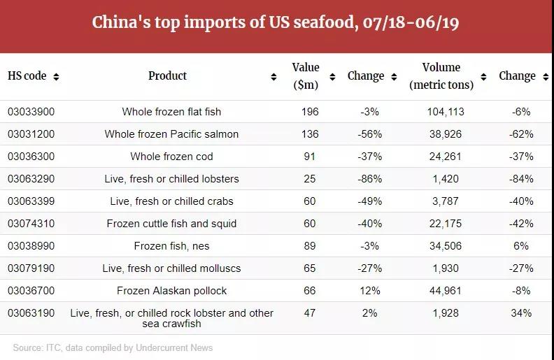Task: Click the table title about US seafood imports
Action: (x=276, y=22)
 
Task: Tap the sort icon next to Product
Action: (x=274, y=77)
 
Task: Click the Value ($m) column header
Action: (x=305, y=76)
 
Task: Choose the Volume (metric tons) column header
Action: (x=441, y=76)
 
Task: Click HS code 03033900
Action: (x=31, y=112)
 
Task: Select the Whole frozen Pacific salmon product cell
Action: (x=171, y=134)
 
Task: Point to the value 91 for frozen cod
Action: (x=310, y=157)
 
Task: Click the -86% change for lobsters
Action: (x=369, y=179)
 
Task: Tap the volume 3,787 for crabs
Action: (x=445, y=201)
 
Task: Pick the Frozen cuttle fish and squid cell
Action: (x=171, y=224)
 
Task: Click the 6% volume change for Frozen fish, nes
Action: (x=520, y=246)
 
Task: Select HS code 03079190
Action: (x=31, y=268)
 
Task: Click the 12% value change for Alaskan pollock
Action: (x=369, y=291)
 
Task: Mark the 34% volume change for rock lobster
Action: (x=521, y=313)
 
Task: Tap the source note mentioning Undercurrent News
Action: (x=113, y=347)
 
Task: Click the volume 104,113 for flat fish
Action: (x=445, y=112)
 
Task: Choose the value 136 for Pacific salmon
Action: (x=310, y=134)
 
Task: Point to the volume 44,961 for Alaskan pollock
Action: (x=445, y=291)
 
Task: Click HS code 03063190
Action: (x=31, y=313)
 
